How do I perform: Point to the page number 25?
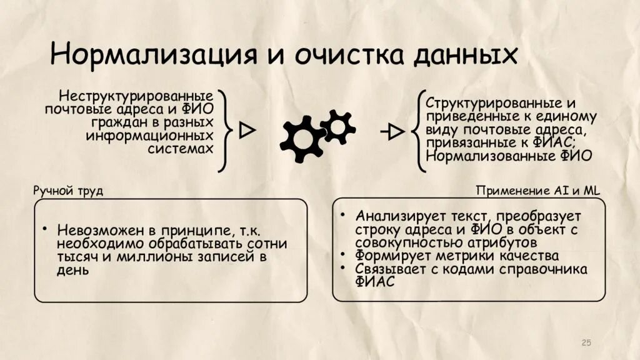586,342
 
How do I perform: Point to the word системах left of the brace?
181,149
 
